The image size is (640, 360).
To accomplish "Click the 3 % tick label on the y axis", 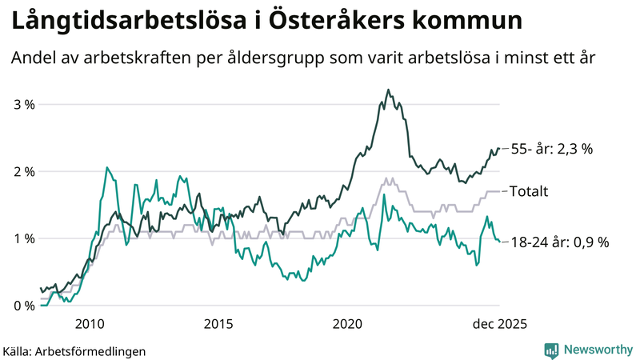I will coord(24,104).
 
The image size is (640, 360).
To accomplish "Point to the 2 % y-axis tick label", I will coord(24,171).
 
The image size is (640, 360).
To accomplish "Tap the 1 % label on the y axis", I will coord(24,238).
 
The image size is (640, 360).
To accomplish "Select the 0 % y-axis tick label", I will coord(24,306).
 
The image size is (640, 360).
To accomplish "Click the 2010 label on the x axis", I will coord(89,323).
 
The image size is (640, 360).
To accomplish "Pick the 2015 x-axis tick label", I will coord(218,323).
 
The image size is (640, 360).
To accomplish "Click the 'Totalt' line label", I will coord(529,191).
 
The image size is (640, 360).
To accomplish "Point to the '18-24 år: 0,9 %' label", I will coord(559,242).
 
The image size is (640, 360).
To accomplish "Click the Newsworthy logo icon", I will coord(551,350).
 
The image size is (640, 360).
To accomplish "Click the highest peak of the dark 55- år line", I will coord(388,90).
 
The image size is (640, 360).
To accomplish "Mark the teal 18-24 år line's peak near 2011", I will coord(106,167).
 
